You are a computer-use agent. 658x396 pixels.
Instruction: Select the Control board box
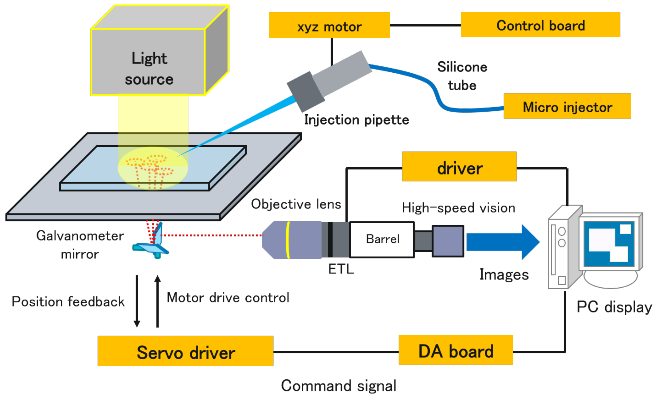pos(540,24)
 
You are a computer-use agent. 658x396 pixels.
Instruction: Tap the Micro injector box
pos(567,106)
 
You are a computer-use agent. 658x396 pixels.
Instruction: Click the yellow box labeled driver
pos(459,166)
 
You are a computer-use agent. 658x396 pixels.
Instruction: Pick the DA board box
pos(455,350)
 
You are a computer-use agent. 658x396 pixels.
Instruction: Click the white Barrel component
pos(382,239)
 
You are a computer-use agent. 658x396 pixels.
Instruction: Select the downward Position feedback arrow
pos(137,301)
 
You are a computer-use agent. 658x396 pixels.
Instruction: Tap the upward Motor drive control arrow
pos(158,301)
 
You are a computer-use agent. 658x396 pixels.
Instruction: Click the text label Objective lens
pos(296,204)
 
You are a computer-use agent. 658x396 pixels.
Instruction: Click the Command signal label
pos(338,386)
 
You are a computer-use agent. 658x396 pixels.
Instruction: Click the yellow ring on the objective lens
pos(288,240)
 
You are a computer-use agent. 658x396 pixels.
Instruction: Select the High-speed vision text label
pos(458,208)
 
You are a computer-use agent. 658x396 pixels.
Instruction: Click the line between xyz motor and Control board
pos(425,25)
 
